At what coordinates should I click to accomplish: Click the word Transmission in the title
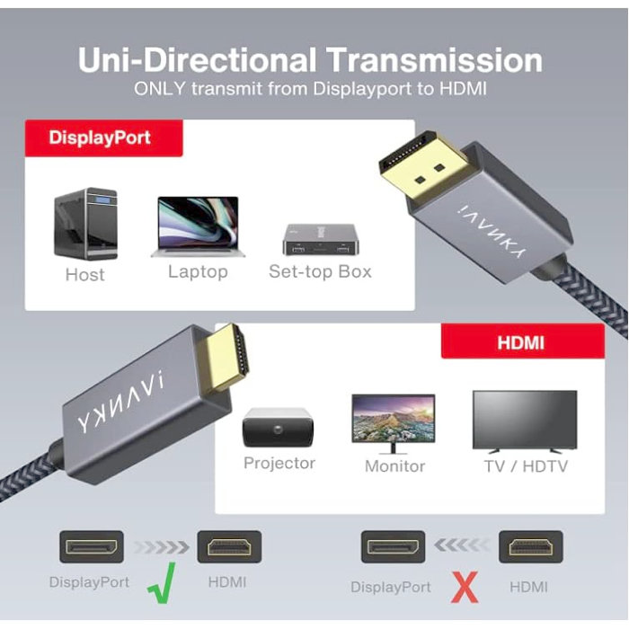[x=434, y=60]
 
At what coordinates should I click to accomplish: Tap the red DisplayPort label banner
[x=104, y=137]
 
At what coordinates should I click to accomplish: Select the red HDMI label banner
[x=523, y=341]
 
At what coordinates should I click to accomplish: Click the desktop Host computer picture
[x=86, y=224]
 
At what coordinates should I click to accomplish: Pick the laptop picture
[x=198, y=226]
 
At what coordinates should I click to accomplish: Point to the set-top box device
[x=321, y=240]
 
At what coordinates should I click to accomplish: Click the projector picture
[x=278, y=428]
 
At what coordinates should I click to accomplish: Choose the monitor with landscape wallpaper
[x=394, y=423]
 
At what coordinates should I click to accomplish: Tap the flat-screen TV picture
[x=525, y=421]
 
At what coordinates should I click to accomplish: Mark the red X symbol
[x=465, y=588]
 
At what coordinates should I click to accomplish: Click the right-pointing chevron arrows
[x=161, y=546]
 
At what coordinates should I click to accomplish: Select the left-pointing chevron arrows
[x=462, y=545]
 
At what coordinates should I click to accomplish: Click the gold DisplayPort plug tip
[x=424, y=165]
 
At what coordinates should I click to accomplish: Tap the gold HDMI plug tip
[x=227, y=359]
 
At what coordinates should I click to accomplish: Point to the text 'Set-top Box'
[x=320, y=271]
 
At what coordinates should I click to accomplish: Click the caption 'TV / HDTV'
[x=526, y=466]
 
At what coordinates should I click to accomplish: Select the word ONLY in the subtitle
[x=160, y=89]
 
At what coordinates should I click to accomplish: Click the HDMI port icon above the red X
[x=531, y=546]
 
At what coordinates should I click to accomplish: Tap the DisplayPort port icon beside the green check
[x=92, y=546]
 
